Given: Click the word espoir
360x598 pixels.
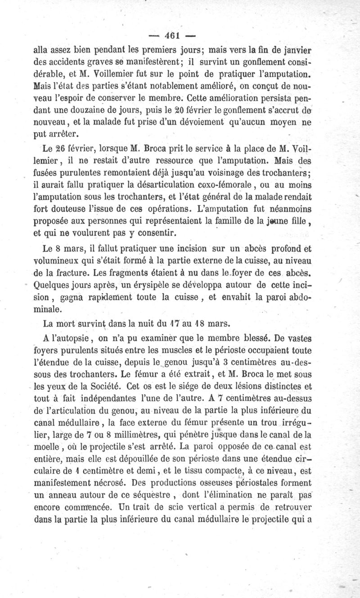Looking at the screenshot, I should [x=79, y=98].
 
